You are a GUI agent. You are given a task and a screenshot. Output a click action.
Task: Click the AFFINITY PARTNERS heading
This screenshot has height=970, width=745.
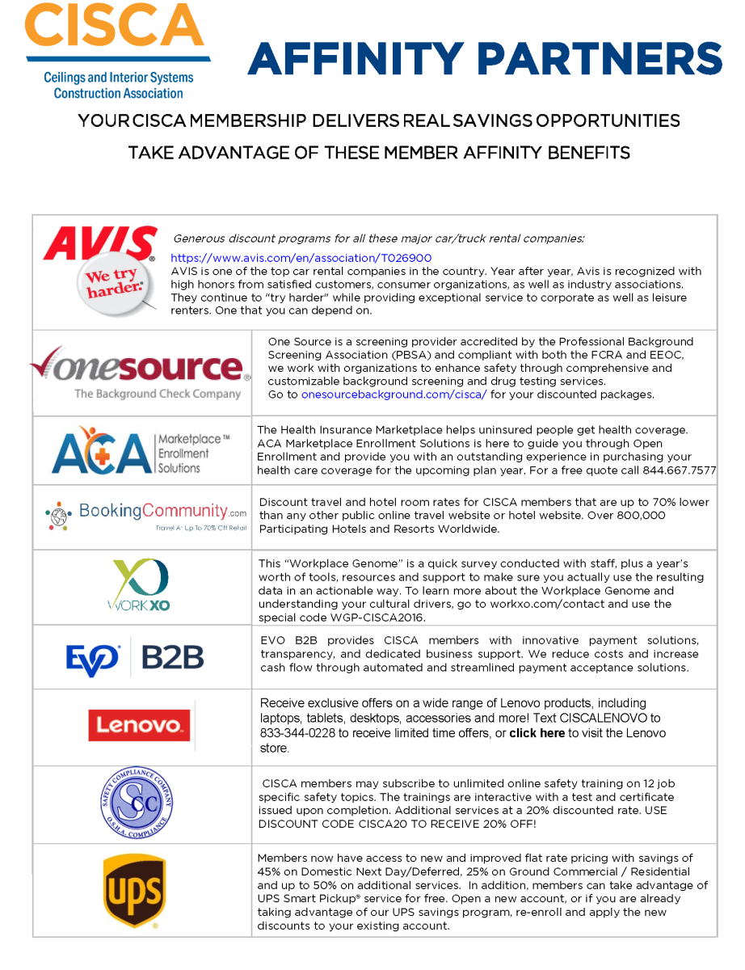coord(485,59)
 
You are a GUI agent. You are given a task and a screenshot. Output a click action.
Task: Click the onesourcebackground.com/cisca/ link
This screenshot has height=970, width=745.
coord(394,394)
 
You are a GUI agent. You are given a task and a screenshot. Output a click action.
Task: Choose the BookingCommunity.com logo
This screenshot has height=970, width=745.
coord(146,516)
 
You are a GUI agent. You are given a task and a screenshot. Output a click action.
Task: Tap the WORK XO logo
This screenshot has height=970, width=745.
coord(139,586)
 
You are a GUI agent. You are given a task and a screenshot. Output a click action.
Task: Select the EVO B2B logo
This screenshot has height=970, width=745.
coord(135,656)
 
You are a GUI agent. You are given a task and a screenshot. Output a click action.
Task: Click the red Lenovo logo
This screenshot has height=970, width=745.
coord(139,725)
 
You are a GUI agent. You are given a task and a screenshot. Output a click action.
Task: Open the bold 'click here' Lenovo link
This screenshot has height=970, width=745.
coord(537,733)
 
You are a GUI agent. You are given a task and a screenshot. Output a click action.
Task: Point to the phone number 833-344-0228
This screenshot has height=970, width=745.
coord(294,733)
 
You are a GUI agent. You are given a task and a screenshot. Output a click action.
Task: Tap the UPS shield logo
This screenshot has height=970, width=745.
coord(134,891)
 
